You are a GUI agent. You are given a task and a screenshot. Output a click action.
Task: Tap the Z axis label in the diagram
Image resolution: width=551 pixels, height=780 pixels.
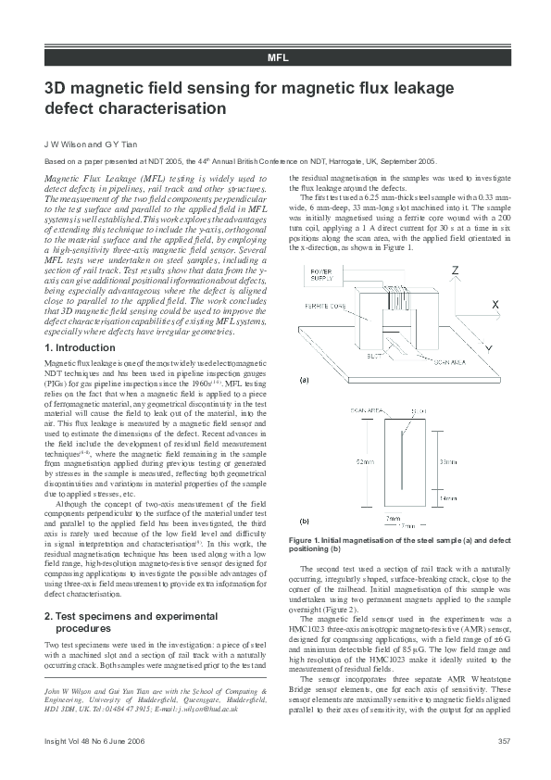455,270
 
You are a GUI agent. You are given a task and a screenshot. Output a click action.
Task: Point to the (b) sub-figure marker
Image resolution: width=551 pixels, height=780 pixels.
304,521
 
